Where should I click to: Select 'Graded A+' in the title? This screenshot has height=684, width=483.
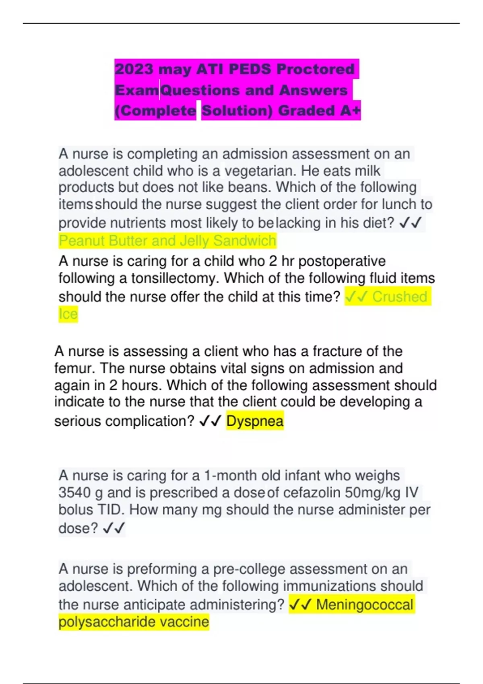coord(319,111)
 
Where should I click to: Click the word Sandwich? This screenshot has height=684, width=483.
coord(245,241)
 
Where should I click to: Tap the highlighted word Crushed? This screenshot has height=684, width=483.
coord(399,297)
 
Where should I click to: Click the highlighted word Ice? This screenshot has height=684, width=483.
coord(68,314)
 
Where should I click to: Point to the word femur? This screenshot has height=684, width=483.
coord(74,368)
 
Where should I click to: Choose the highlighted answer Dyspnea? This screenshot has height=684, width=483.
coord(255,421)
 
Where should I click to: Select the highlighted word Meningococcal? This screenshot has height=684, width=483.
coord(365,604)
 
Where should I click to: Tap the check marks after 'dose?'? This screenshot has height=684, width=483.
coord(114,528)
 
